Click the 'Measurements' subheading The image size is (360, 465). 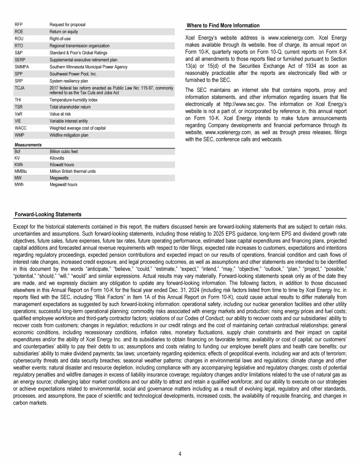pyautogui.click(x=28, y=145)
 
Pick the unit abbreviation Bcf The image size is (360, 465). pyautogui.click(x=18, y=152)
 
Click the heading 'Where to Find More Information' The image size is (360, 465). pyautogui.click(x=223, y=25)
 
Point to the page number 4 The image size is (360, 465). pyautogui.click(x=180, y=454)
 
